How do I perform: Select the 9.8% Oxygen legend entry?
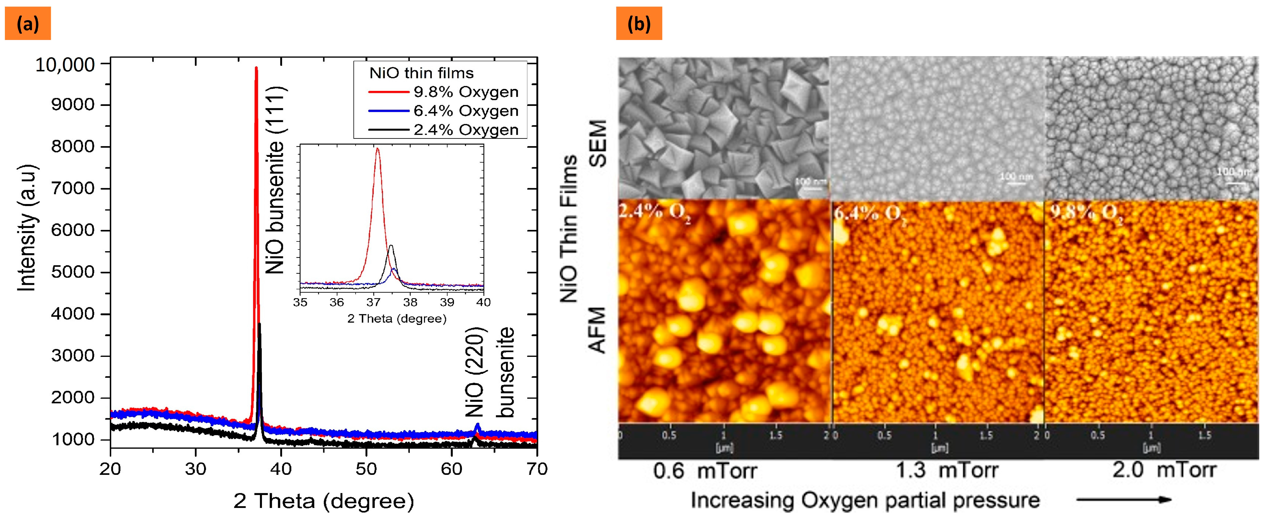[x=465, y=92]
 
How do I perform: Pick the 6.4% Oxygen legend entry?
[x=465, y=111]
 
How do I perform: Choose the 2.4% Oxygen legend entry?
[x=465, y=130]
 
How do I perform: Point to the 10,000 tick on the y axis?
[x=65, y=64]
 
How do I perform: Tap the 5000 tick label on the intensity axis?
[x=73, y=272]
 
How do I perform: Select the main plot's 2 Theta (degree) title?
[x=324, y=501]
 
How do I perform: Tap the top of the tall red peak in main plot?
[x=256, y=68]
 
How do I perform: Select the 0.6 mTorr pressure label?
[x=704, y=471]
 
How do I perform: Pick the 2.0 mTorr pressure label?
[x=1164, y=470]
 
